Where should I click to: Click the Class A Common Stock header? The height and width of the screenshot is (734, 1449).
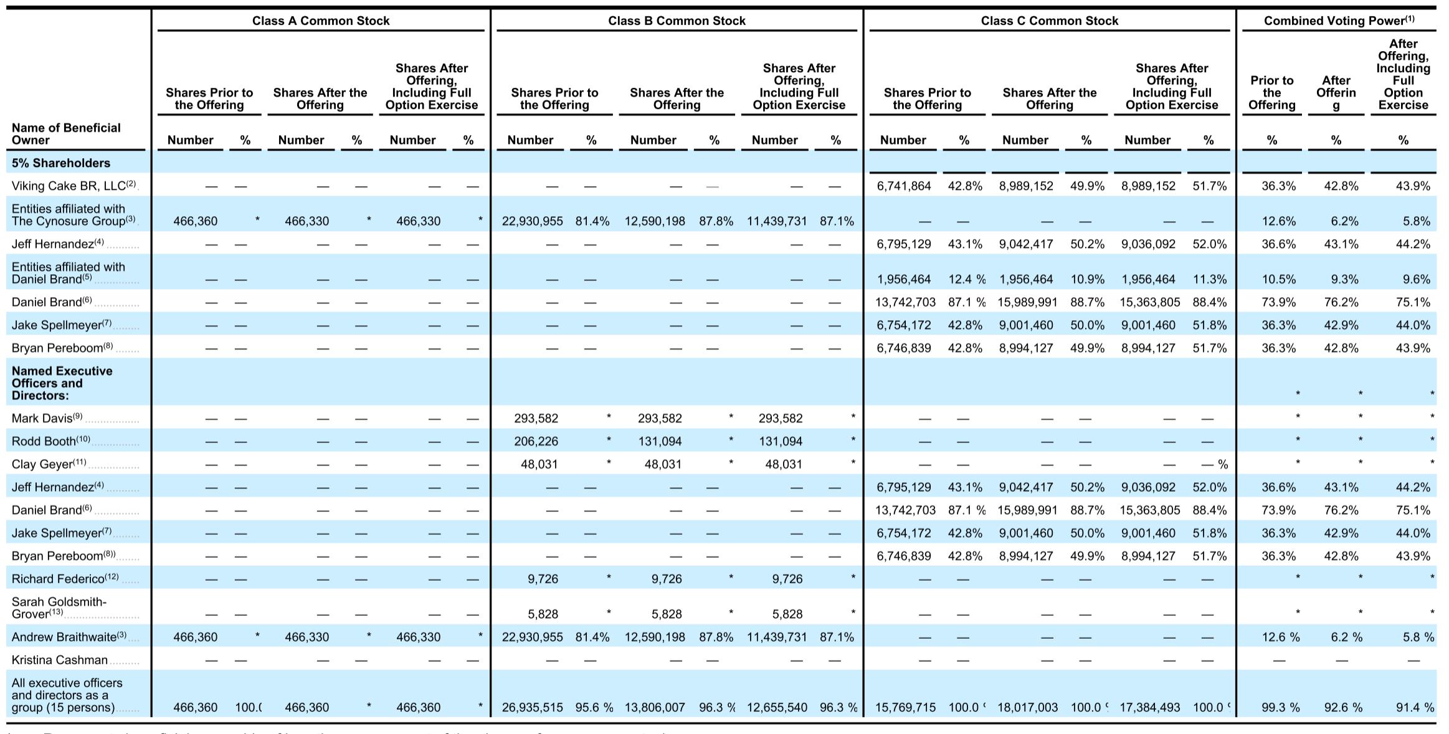(x=321, y=21)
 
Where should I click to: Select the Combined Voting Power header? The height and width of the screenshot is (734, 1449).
(x=1338, y=21)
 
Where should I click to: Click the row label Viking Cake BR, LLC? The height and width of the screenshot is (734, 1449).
(x=73, y=186)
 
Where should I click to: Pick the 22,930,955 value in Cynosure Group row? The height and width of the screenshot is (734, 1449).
(x=532, y=221)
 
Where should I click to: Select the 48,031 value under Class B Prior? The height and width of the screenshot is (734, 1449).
(x=539, y=464)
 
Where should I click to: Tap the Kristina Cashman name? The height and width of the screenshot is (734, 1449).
(x=59, y=660)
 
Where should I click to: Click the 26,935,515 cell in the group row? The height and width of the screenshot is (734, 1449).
(x=532, y=707)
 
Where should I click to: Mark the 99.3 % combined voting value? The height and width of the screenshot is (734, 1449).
(x=1280, y=707)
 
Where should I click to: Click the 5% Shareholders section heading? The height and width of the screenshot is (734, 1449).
(x=60, y=163)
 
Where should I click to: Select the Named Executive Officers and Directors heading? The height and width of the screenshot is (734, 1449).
(x=62, y=383)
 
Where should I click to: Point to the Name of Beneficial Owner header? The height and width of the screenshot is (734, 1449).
(x=66, y=133)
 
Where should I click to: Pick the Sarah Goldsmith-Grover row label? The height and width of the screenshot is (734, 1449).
(x=59, y=608)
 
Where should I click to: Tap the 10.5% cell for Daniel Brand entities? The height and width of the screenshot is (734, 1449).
(x=1278, y=279)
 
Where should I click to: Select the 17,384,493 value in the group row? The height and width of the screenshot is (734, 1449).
(x=1149, y=707)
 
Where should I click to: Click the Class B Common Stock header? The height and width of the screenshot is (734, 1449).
(x=677, y=21)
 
